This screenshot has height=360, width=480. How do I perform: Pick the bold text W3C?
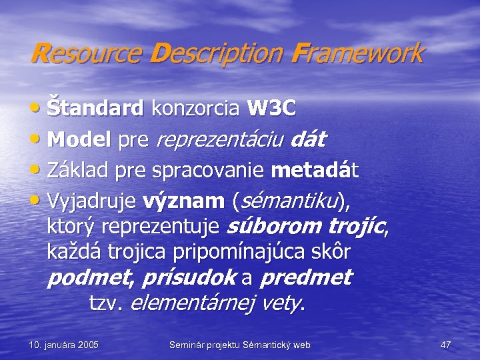[x=271, y=107]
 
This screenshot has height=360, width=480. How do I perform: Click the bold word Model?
[x=80, y=140]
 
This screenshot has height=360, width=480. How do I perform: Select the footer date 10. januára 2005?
[x=64, y=345]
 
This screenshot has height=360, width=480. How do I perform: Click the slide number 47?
[x=446, y=345]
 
